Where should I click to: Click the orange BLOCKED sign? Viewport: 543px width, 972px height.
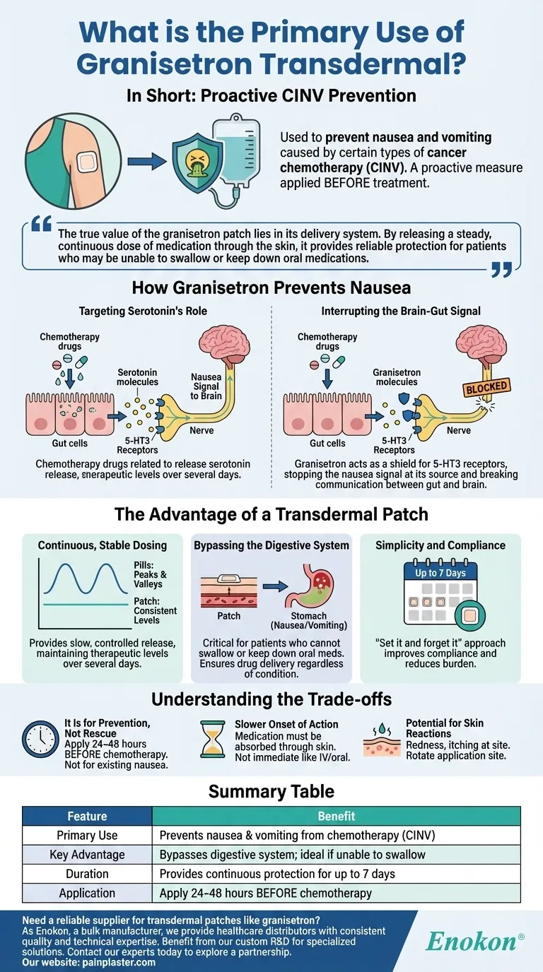[487, 386]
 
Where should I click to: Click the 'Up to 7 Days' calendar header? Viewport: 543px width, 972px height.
[440, 573]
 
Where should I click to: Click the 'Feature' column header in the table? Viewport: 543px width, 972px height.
[87, 816]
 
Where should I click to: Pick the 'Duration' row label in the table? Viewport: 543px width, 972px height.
[87, 874]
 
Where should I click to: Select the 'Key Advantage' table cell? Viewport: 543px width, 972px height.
[87, 855]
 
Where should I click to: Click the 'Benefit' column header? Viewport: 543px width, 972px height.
[337, 816]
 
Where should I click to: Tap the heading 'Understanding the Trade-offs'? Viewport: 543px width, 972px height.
[271, 699]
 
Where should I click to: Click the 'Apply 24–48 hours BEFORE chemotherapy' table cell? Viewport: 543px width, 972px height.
[266, 893]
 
